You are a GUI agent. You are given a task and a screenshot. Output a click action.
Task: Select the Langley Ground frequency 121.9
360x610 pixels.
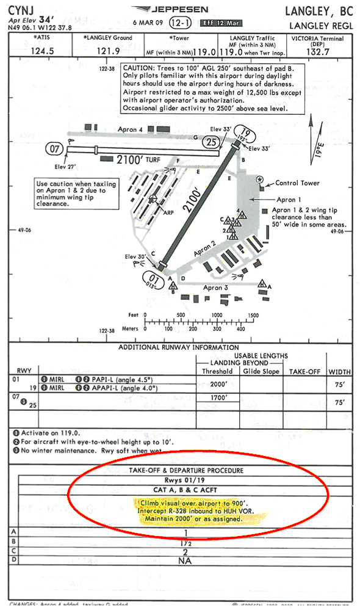click(x=109, y=51)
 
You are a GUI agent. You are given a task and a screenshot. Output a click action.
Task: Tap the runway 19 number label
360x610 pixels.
click(x=245, y=134)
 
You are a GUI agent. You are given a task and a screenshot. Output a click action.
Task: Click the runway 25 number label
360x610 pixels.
click(x=211, y=143)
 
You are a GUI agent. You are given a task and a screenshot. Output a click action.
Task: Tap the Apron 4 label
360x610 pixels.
click(x=132, y=130)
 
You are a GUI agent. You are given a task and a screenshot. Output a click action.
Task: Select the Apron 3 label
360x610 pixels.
click(x=216, y=288)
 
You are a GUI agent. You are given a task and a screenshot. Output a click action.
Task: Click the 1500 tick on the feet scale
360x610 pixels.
click(x=253, y=316)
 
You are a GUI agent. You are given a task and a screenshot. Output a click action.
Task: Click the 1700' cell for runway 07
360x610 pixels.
click(x=217, y=398)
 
